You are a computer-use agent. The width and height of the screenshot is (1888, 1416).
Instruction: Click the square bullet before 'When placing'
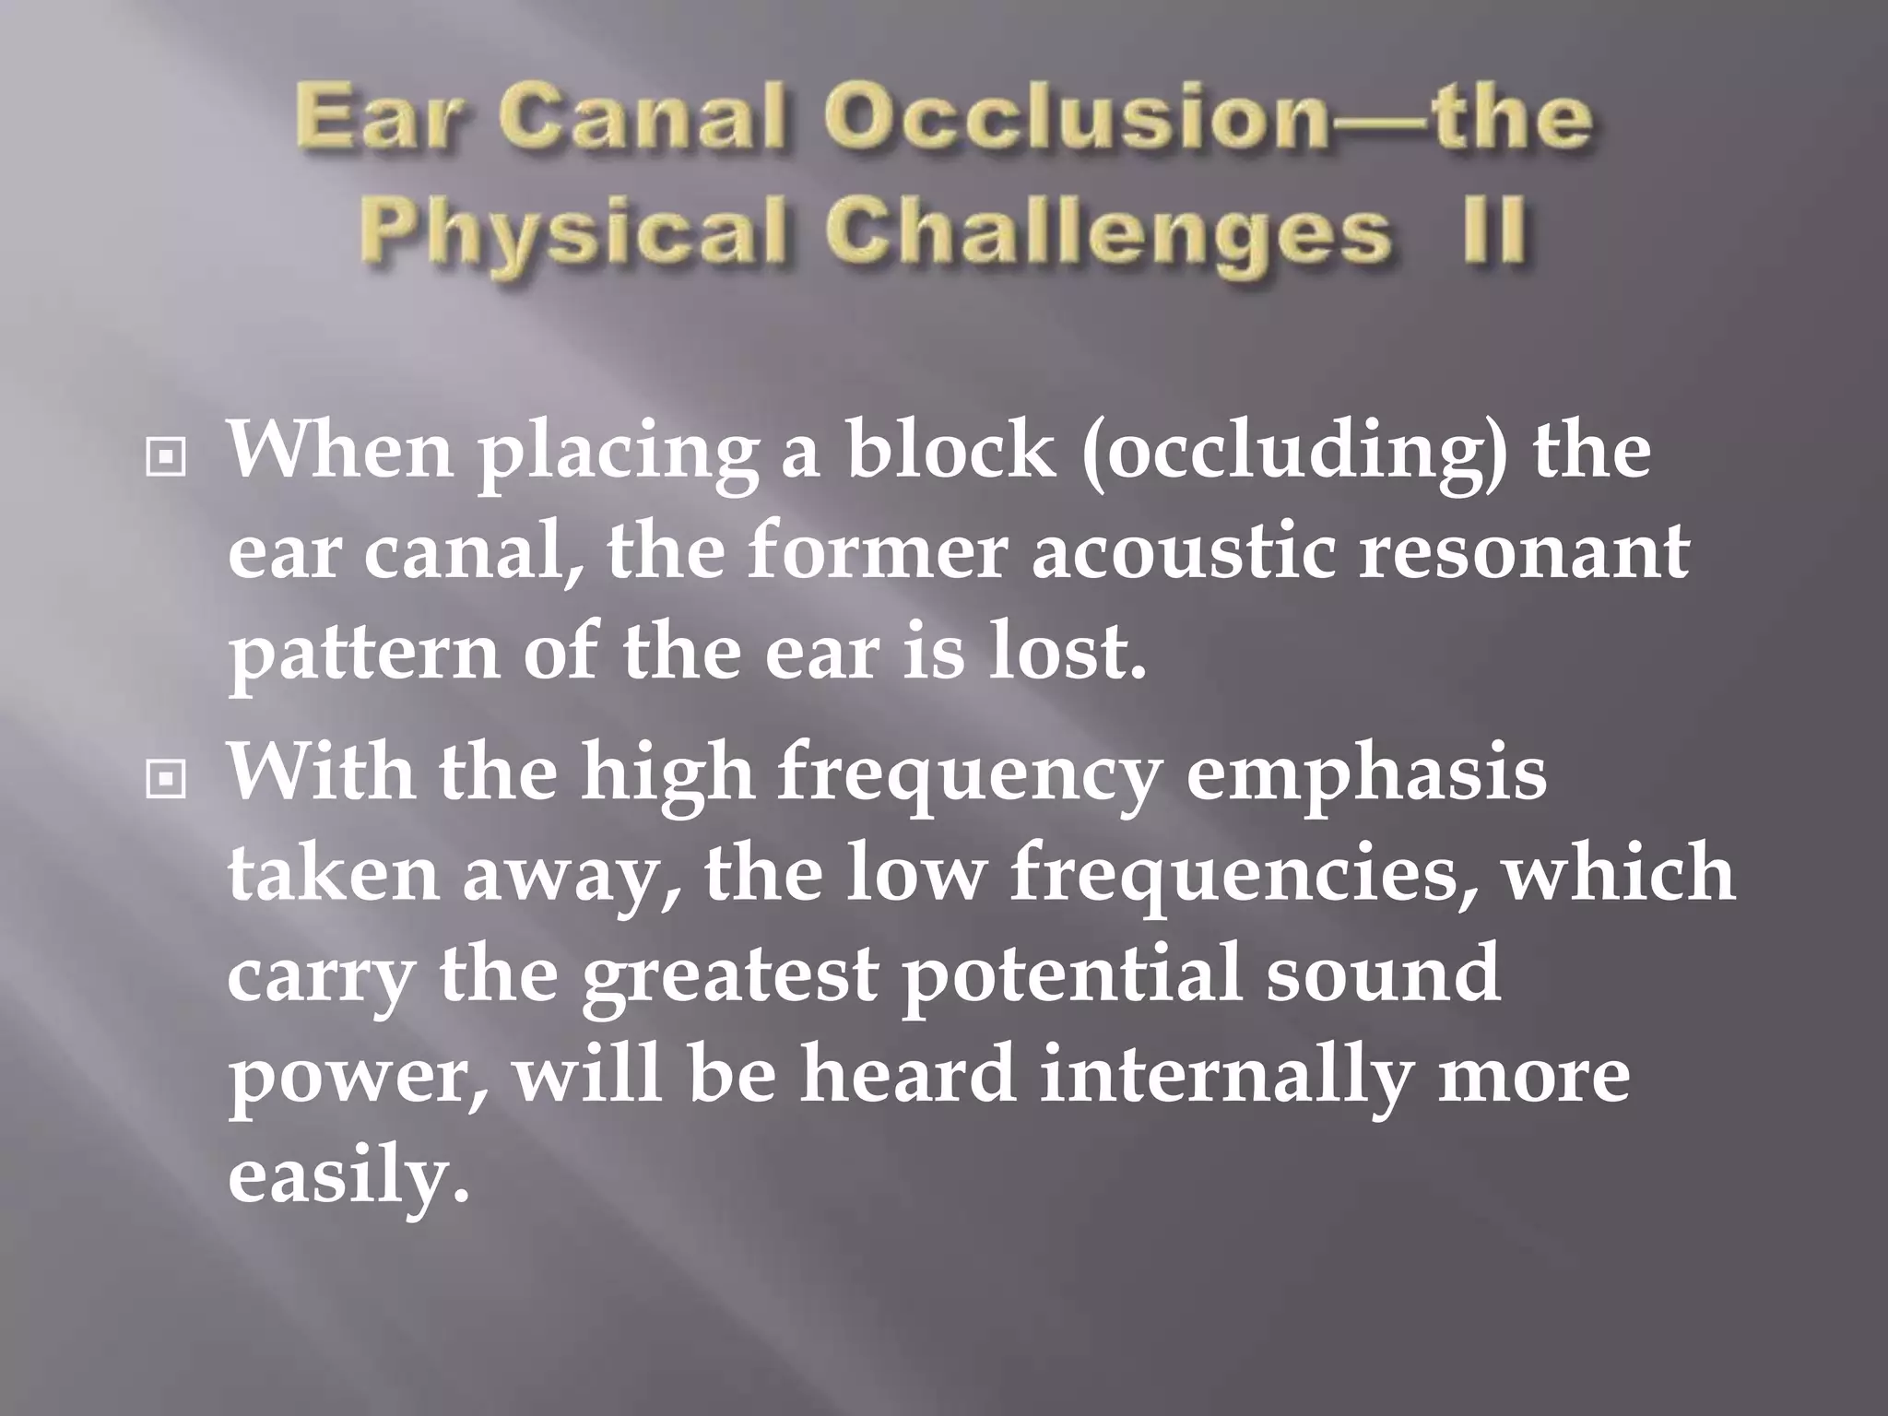(166, 455)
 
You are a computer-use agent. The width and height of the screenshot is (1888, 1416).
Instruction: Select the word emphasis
(1365, 776)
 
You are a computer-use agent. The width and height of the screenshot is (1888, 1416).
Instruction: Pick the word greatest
(728, 979)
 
